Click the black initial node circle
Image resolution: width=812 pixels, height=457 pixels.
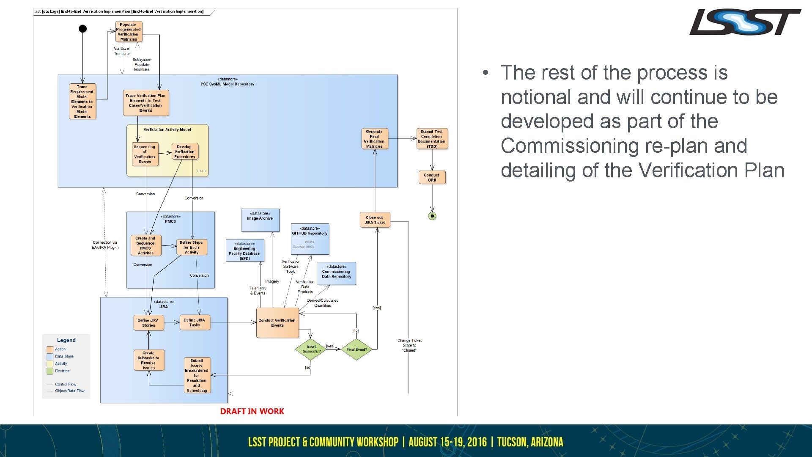(x=83, y=29)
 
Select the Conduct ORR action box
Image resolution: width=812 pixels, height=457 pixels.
(x=432, y=177)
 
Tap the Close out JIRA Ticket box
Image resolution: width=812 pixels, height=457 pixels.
(x=375, y=220)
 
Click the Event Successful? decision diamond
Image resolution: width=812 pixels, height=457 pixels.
(x=311, y=349)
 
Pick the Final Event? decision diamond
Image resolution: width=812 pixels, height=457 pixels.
(x=357, y=350)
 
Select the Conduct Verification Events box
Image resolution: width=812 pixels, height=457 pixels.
(x=277, y=323)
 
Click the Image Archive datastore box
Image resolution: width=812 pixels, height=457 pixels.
(x=260, y=220)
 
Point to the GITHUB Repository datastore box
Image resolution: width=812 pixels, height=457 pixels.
(x=310, y=239)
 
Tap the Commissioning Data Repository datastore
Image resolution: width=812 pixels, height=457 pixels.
(x=337, y=273)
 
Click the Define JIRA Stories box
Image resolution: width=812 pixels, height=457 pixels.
(x=148, y=323)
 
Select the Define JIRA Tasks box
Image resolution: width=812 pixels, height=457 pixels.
(x=195, y=322)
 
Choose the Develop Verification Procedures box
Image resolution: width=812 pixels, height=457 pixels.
(x=185, y=152)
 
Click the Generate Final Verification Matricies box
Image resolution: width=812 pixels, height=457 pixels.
(x=374, y=139)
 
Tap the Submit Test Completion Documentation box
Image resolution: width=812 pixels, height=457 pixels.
(x=431, y=139)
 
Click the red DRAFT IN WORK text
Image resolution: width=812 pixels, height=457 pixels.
(x=252, y=411)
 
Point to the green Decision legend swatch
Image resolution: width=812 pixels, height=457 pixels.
(x=50, y=371)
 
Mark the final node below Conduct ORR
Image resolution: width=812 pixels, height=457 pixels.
(x=432, y=216)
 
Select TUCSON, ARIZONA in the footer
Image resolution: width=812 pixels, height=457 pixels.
(x=530, y=442)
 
